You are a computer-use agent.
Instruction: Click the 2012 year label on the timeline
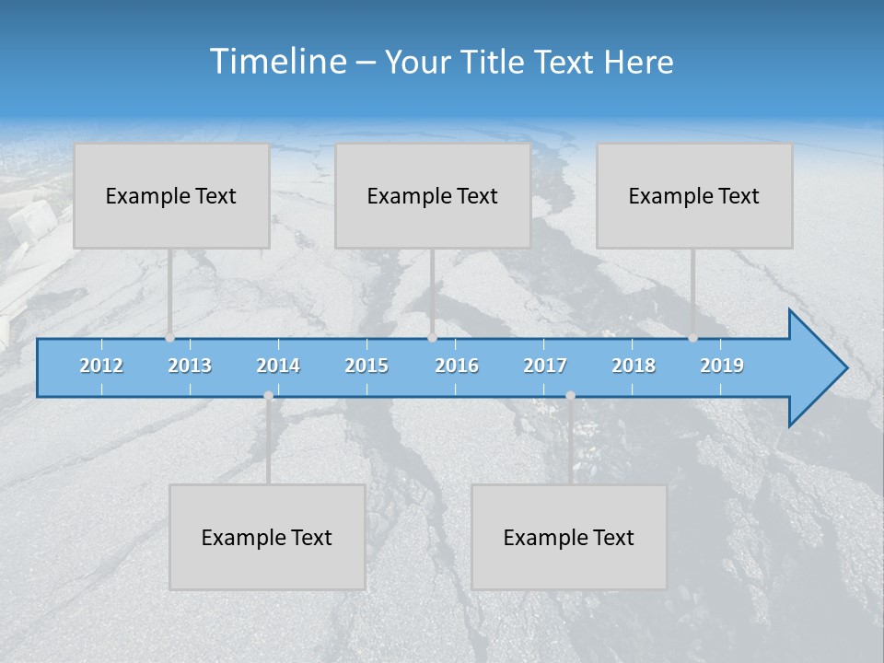point(101,366)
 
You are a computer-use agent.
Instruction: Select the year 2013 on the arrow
point(190,366)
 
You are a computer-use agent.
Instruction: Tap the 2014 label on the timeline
point(278,366)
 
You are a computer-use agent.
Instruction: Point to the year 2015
point(366,366)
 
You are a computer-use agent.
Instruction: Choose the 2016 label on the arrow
point(457,366)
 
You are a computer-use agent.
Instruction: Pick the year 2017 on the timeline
point(545,366)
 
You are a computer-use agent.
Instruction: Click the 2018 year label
point(634,366)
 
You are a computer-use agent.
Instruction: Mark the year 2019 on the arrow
point(722,366)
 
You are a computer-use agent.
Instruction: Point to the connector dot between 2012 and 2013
point(170,338)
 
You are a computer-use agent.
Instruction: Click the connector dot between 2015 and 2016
point(432,338)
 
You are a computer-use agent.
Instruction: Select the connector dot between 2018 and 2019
point(693,338)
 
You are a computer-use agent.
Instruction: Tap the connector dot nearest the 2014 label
point(268,396)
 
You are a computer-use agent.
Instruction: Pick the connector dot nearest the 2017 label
point(570,396)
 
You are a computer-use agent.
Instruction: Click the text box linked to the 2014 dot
point(267,537)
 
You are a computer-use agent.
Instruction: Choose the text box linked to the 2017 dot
point(569,537)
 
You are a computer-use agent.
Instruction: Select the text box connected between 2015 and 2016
point(433,195)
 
